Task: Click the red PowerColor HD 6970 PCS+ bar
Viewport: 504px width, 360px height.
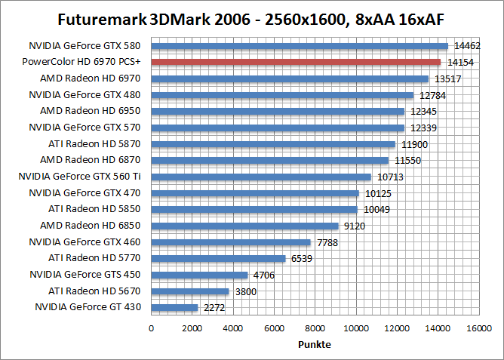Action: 296,62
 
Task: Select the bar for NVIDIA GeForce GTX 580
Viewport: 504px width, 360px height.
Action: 300,46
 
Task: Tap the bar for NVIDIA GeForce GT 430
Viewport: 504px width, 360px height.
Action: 174,307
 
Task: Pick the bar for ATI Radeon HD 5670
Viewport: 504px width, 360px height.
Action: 190,291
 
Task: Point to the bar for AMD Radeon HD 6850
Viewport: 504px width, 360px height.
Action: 244,226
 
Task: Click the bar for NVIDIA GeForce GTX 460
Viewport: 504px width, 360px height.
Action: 231,242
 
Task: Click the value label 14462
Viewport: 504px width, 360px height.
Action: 466,47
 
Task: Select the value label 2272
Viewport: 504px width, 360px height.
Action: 214,308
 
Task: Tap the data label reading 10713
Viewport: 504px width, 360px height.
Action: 391,177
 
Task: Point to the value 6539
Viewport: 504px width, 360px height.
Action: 302,259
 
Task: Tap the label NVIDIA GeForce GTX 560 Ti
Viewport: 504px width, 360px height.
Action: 85,176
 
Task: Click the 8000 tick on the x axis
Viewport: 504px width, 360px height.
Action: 315,328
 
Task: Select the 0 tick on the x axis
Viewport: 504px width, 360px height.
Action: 152,328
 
